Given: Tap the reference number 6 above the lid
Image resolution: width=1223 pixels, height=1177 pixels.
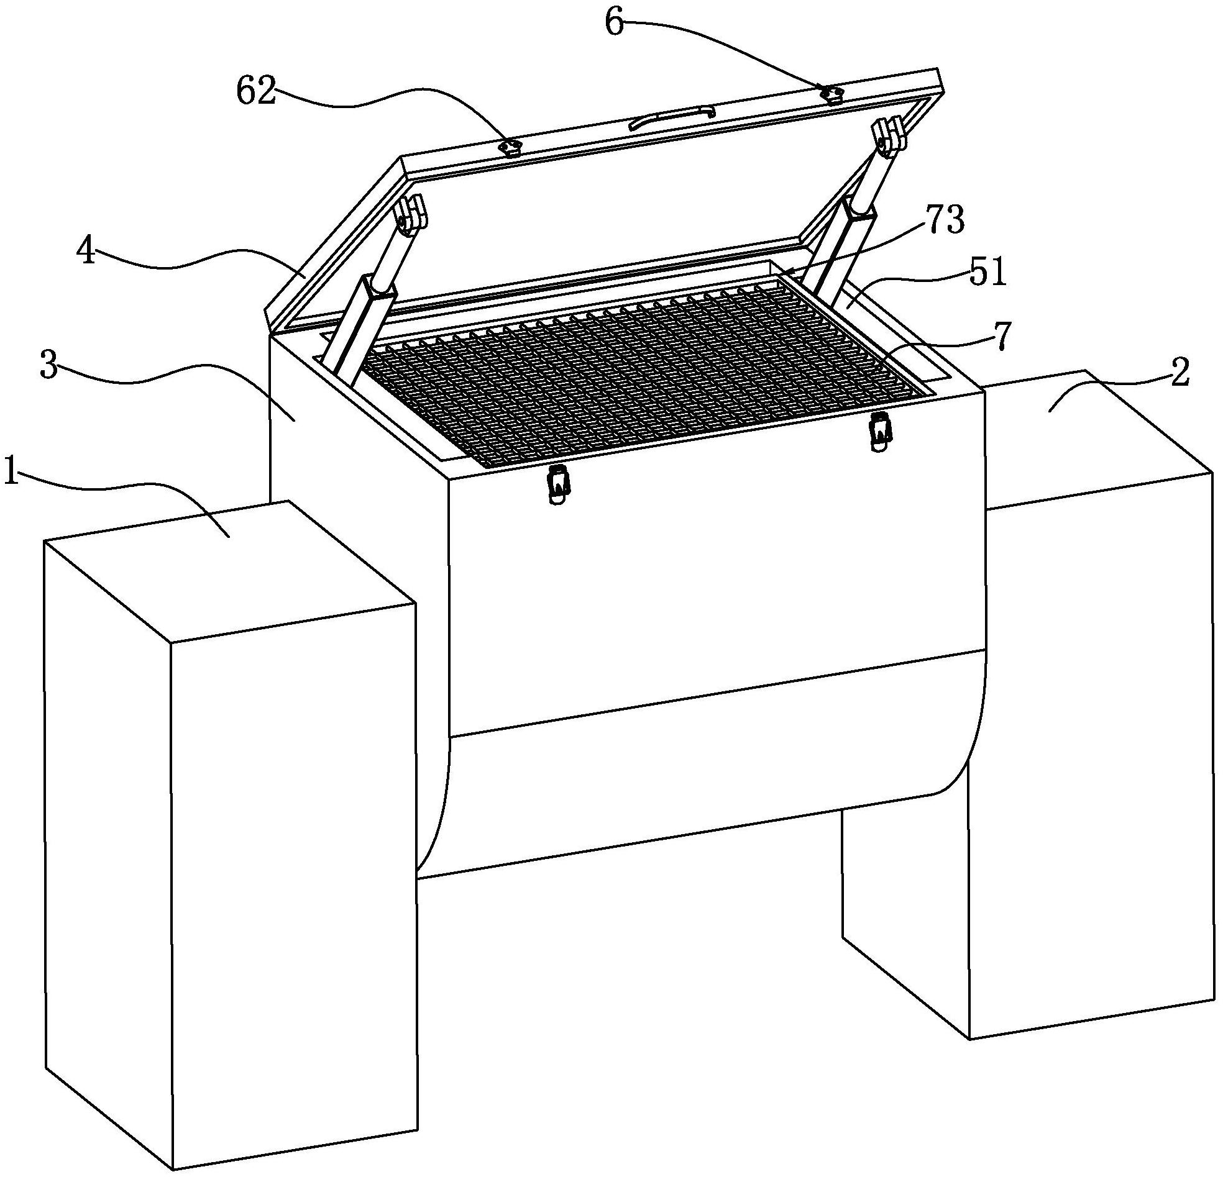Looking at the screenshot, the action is [x=615, y=24].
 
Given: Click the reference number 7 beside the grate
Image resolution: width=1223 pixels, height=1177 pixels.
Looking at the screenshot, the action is [x=1000, y=337].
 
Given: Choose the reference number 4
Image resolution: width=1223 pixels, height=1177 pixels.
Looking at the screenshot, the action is [x=86, y=252].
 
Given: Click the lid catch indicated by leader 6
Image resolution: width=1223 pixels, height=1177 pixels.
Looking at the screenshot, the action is [x=831, y=94].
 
